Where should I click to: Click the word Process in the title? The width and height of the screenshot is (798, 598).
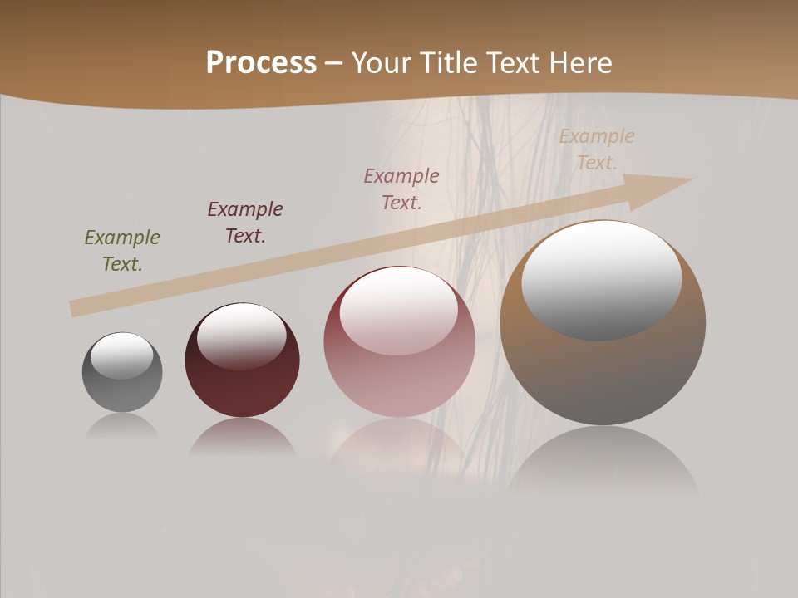tap(261, 62)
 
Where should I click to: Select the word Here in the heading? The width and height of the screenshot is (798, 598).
tap(579, 62)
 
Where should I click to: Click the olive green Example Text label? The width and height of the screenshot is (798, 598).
tap(122, 251)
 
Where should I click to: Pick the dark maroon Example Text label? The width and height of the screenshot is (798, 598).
tap(245, 223)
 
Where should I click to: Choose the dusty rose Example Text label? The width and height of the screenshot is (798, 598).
tap(401, 189)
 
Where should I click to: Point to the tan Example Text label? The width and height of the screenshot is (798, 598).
tap(597, 149)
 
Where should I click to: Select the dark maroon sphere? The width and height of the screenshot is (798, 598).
tap(242, 382)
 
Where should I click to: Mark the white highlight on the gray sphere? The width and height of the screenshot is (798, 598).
tap(122, 355)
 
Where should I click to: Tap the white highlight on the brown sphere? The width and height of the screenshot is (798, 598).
tap(601, 278)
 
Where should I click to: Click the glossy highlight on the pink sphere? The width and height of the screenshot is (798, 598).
tap(398, 311)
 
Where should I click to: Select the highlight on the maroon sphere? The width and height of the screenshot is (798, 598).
tap(241, 335)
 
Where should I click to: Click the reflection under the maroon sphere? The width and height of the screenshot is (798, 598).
tap(242, 438)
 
